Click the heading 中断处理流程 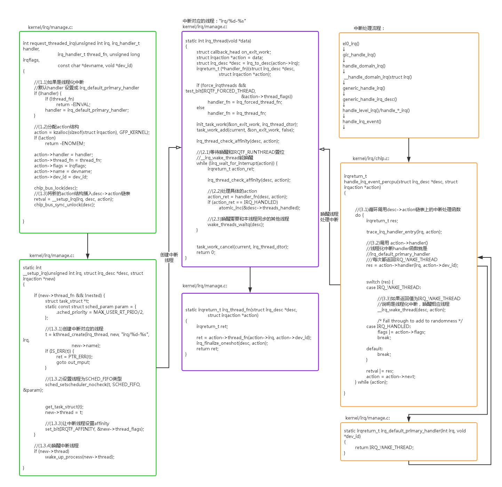tap(369, 28)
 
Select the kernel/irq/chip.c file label tap(371, 158)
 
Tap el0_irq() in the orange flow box tap(351, 44)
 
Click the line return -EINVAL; tap(73, 105)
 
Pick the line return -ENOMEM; tap(65, 144)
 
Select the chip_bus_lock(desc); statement tap(56, 188)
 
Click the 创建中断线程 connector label tap(169, 257)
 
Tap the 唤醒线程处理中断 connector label tap(329, 217)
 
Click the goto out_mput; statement tap(73, 362)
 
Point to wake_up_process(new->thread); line tap(80, 457)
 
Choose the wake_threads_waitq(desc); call tap(236, 225)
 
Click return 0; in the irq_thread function tap(206, 253)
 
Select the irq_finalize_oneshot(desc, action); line tap(232, 343)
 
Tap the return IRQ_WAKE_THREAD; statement tap(384, 448)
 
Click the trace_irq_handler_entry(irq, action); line tap(404, 232)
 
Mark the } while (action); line tap(371, 382)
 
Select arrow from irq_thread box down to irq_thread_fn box tap(250, 280)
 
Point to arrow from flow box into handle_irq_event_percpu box tap(409, 150)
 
